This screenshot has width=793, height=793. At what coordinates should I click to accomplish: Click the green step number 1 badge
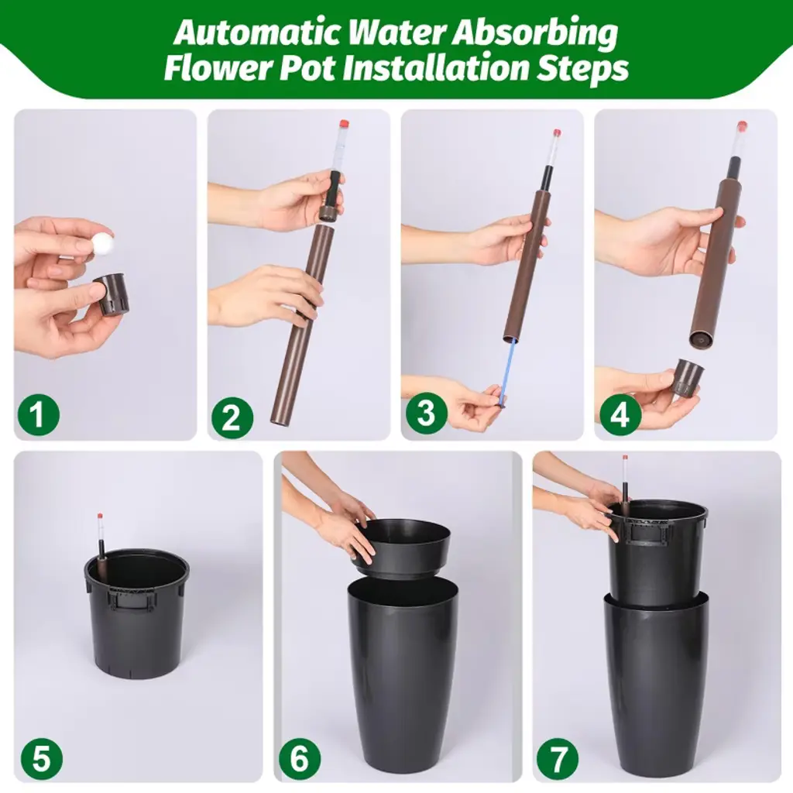pyautogui.click(x=39, y=414)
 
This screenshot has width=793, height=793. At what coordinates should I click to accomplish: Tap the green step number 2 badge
pyautogui.click(x=232, y=417)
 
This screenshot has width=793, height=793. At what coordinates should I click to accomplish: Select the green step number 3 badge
pyautogui.click(x=426, y=412)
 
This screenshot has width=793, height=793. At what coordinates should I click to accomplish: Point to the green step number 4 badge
pyautogui.click(x=620, y=414)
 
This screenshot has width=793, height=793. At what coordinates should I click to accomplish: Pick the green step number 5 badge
pyautogui.click(x=42, y=759)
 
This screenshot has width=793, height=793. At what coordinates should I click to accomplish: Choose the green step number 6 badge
pyautogui.click(x=300, y=759)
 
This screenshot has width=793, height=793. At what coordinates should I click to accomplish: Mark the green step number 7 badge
pyautogui.click(x=558, y=759)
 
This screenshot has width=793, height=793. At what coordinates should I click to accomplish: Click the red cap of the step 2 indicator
pyautogui.click(x=344, y=125)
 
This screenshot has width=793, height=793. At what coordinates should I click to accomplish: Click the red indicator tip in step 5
pyautogui.click(x=100, y=516)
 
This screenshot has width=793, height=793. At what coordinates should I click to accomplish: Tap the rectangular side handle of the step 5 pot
pyautogui.click(x=129, y=600)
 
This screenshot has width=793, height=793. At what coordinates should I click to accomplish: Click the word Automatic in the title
pyautogui.click(x=258, y=33)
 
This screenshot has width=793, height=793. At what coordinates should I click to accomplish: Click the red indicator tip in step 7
pyautogui.click(x=625, y=458)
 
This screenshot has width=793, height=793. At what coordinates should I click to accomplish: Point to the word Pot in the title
pyautogui.click(x=307, y=68)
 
